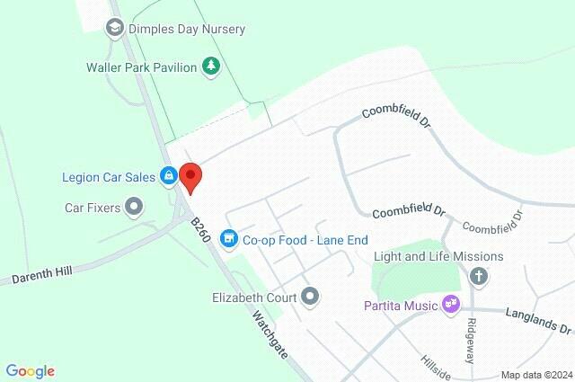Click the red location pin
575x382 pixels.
tap(190, 177)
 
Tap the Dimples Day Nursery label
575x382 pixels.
tap(187, 29)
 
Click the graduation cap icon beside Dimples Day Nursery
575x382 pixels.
tap(114, 29)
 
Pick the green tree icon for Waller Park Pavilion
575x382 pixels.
tap(211, 66)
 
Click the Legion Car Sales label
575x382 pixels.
tap(110, 176)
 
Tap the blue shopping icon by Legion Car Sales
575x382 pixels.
tap(168, 176)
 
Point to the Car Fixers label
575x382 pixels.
tap(93, 208)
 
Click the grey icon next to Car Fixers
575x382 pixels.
tap(135, 208)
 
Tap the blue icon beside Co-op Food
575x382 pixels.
tap(229, 238)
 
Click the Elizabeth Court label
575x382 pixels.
tap(253, 296)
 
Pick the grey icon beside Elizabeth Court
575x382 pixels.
tap(310, 296)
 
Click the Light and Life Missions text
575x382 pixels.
tap(438, 257)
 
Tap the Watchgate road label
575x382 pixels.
tap(270, 333)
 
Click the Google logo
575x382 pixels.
tap(30, 371)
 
